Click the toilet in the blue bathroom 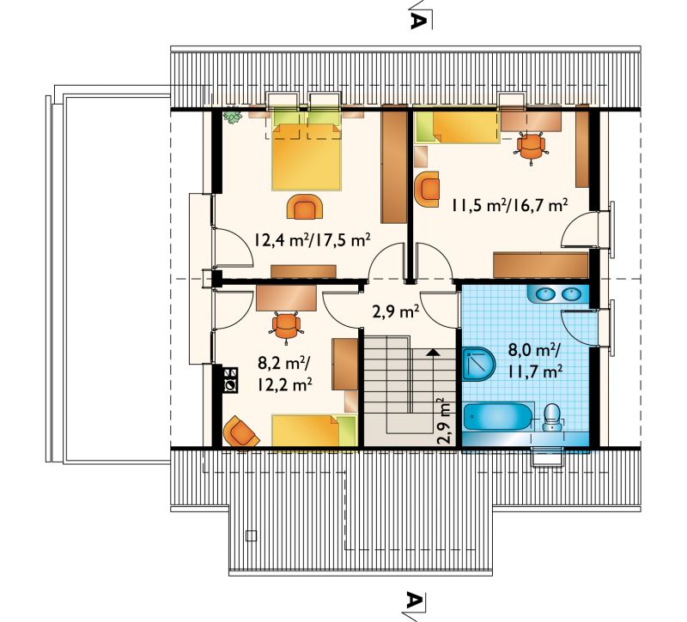point(551,417)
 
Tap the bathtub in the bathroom point(498,418)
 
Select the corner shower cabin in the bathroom point(478,364)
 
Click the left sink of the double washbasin point(544,294)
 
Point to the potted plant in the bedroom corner point(232,116)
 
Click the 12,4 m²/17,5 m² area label point(313,240)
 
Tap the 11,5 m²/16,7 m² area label point(509,204)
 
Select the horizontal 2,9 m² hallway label point(396,311)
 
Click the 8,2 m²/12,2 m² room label point(285,375)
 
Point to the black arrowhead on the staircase point(433,351)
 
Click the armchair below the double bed point(305,207)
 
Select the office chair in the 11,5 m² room point(531,148)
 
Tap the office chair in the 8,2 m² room point(287,326)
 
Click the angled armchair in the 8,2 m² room point(240,432)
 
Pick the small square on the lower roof point(251,535)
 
